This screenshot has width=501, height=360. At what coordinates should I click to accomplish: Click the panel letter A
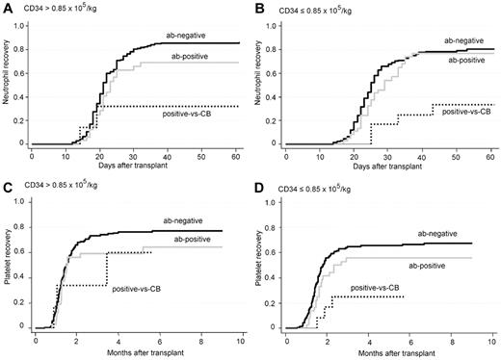pyautogui.click(x=6, y=8)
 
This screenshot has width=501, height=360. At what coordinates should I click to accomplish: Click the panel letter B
pyautogui.click(x=261, y=8)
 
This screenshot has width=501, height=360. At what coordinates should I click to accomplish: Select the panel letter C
pyautogui.click(x=6, y=190)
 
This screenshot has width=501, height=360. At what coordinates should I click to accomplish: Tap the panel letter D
pyautogui.click(x=261, y=190)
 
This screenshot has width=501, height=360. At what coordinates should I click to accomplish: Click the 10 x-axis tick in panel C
pyautogui.click(x=240, y=339)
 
